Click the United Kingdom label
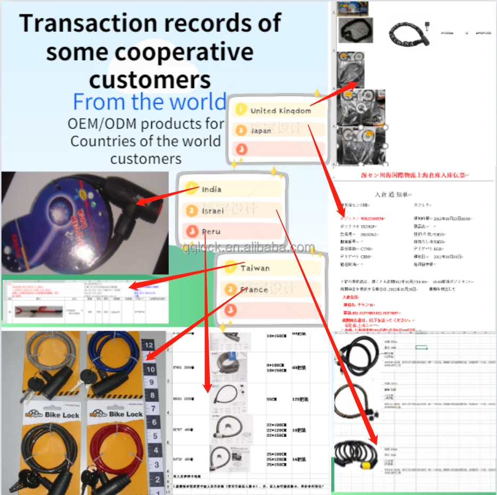[280, 111]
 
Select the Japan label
[261, 131]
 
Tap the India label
[211, 189]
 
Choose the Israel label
[212, 211]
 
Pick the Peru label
[211, 231]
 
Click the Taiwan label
[255, 268]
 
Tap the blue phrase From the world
[149, 101]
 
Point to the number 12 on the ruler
[151, 345]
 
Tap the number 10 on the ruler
[151, 369]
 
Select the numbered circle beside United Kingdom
[241, 110]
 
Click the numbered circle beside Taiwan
[230, 267]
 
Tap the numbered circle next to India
[192, 189]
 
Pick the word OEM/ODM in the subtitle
[101, 124]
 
